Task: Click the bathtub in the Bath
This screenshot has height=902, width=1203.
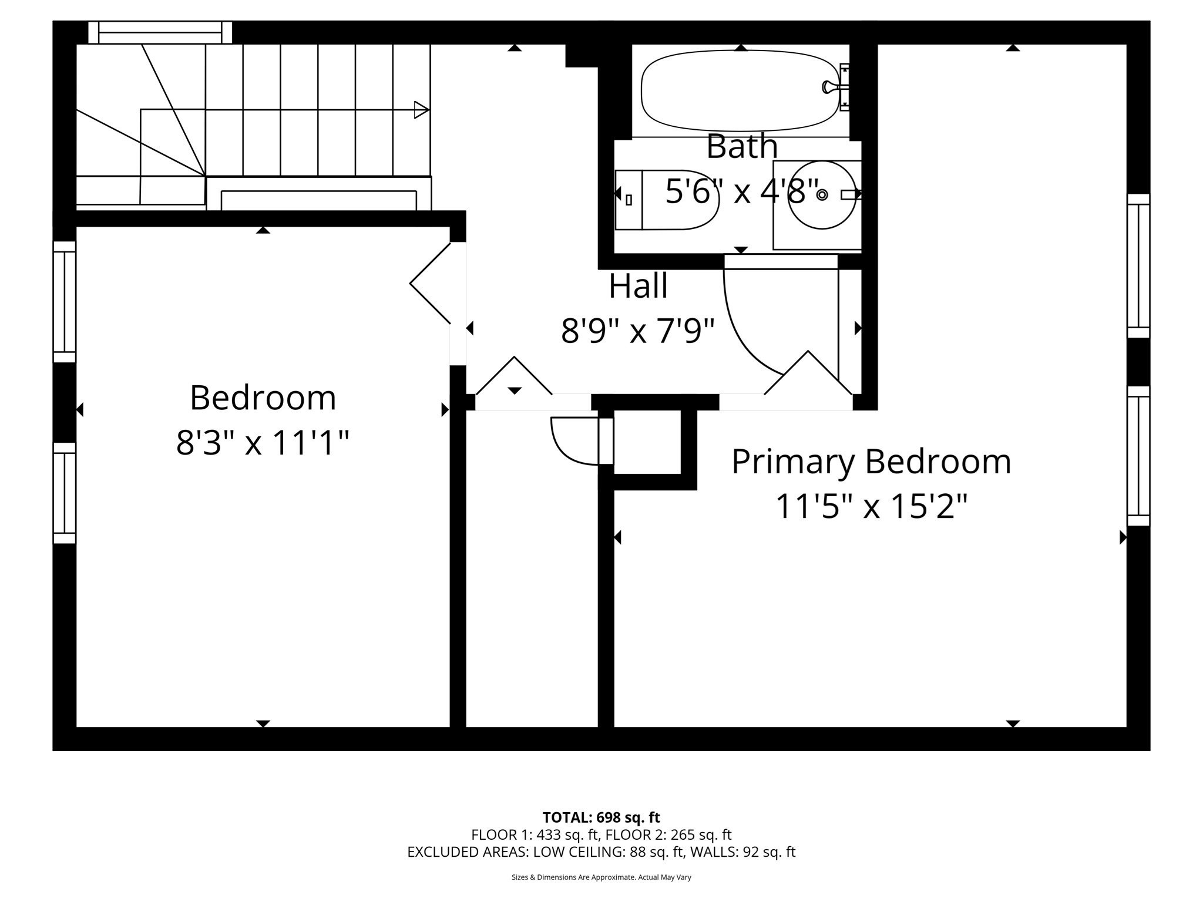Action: tap(740, 91)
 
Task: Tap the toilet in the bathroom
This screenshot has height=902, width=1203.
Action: tap(667, 200)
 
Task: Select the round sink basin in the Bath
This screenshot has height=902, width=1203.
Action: tap(821, 194)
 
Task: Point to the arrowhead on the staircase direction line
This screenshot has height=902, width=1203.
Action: tap(421, 110)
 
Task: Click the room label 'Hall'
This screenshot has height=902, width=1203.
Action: tap(638, 286)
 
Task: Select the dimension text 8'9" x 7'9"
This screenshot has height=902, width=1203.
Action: tap(638, 331)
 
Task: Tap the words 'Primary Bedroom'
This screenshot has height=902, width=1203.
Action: tap(871, 462)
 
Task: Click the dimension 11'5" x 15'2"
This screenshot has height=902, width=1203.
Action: tap(871, 506)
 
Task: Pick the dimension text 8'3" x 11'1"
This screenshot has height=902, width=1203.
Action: tap(263, 443)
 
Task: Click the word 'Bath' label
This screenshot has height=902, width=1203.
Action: tap(741, 146)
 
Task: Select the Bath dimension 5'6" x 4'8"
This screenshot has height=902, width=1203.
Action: tap(741, 191)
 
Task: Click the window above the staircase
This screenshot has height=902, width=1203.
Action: tap(160, 32)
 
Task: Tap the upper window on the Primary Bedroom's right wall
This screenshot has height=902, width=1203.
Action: tap(1138, 265)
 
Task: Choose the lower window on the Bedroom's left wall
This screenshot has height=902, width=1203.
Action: tap(65, 493)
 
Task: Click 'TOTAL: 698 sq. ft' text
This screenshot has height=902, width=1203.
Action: tap(601, 817)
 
